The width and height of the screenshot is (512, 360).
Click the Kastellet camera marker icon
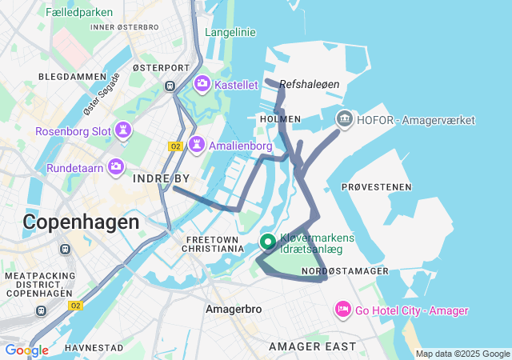tap(202, 83)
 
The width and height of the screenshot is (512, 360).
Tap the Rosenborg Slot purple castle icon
tap(124, 130)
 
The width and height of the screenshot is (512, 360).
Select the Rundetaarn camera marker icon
tap(116, 166)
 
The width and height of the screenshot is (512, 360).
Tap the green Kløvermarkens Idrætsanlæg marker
tap(267, 242)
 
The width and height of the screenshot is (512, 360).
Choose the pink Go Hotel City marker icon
tap(342, 309)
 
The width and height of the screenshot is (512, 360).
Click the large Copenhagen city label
tap(81, 222)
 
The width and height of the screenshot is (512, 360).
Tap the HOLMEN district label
tap(280, 118)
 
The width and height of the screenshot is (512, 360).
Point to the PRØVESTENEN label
tap(376, 186)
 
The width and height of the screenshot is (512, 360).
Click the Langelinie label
tap(230, 32)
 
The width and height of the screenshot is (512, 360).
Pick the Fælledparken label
tap(79, 13)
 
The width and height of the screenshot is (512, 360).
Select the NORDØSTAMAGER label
tap(346, 271)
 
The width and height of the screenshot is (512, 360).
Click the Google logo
tap(26, 350)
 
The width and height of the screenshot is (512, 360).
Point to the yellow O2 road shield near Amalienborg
tap(176, 146)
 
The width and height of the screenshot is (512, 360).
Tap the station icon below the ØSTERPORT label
tap(170, 85)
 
